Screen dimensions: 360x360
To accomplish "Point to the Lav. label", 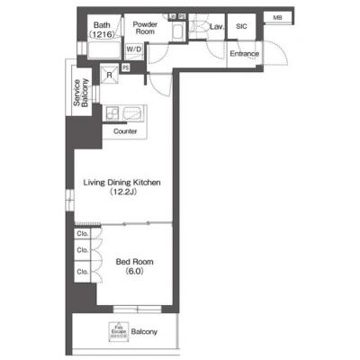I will [x=216, y=28].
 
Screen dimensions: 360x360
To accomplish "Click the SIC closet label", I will [x=240, y=27].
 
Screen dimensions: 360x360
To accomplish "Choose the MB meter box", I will [x=276, y=17].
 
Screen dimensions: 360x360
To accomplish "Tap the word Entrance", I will [x=244, y=54].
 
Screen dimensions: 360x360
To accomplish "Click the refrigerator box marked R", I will [x=109, y=75].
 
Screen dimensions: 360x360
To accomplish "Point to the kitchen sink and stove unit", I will [x=125, y=115].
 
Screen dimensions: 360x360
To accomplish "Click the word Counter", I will [x=125, y=131].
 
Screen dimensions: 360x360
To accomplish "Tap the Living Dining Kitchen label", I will [x=121, y=183].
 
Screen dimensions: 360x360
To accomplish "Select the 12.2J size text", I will [x=121, y=193].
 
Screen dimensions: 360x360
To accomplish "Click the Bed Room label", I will [x=131, y=263].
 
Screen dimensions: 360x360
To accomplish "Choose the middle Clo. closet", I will [x=82, y=251].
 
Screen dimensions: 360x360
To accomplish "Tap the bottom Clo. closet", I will [x=82, y=271].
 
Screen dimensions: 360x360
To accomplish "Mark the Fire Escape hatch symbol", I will [x=117, y=331].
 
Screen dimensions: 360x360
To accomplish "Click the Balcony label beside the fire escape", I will [x=144, y=333].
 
